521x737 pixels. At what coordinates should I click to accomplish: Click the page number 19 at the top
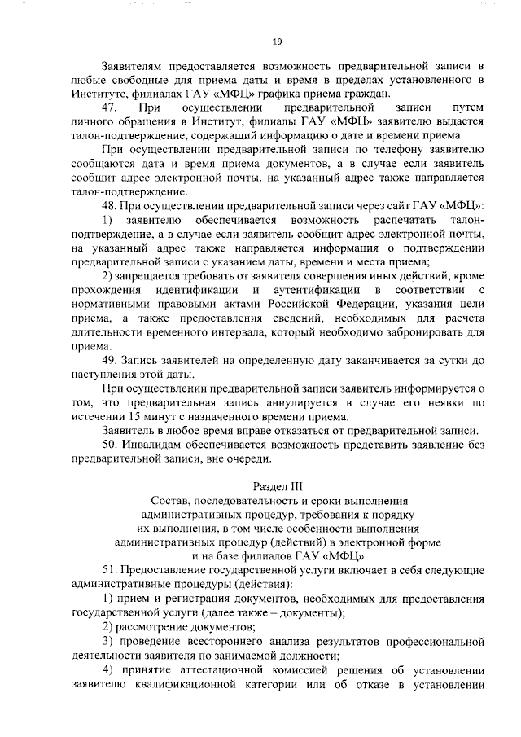point(277,42)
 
